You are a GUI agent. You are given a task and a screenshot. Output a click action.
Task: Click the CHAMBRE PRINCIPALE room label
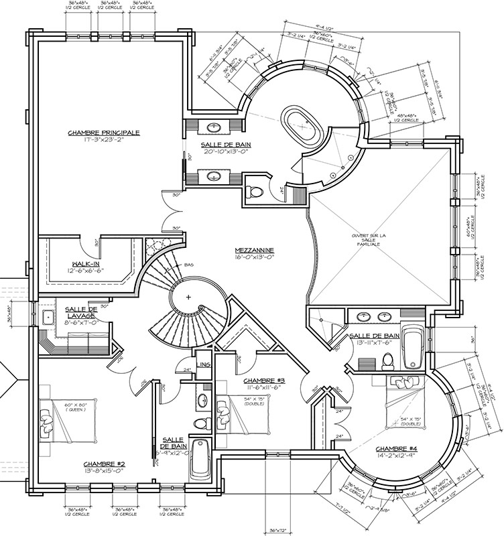[x=104, y=133]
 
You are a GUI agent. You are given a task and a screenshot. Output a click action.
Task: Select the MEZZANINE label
[x=257, y=251]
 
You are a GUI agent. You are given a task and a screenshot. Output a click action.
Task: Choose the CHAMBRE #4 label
[x=397, y=449]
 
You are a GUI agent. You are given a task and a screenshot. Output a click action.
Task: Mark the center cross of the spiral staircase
[x=189, y=296]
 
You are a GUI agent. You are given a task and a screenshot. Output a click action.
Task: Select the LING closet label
[x=205, y=364]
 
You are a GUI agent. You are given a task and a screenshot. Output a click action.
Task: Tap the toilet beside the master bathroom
[x=255, y=192]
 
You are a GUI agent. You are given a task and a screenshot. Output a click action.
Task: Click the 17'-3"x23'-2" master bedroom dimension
[x=104, y=141]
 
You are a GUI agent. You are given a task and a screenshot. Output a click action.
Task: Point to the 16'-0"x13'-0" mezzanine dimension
[x=257, y=259]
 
